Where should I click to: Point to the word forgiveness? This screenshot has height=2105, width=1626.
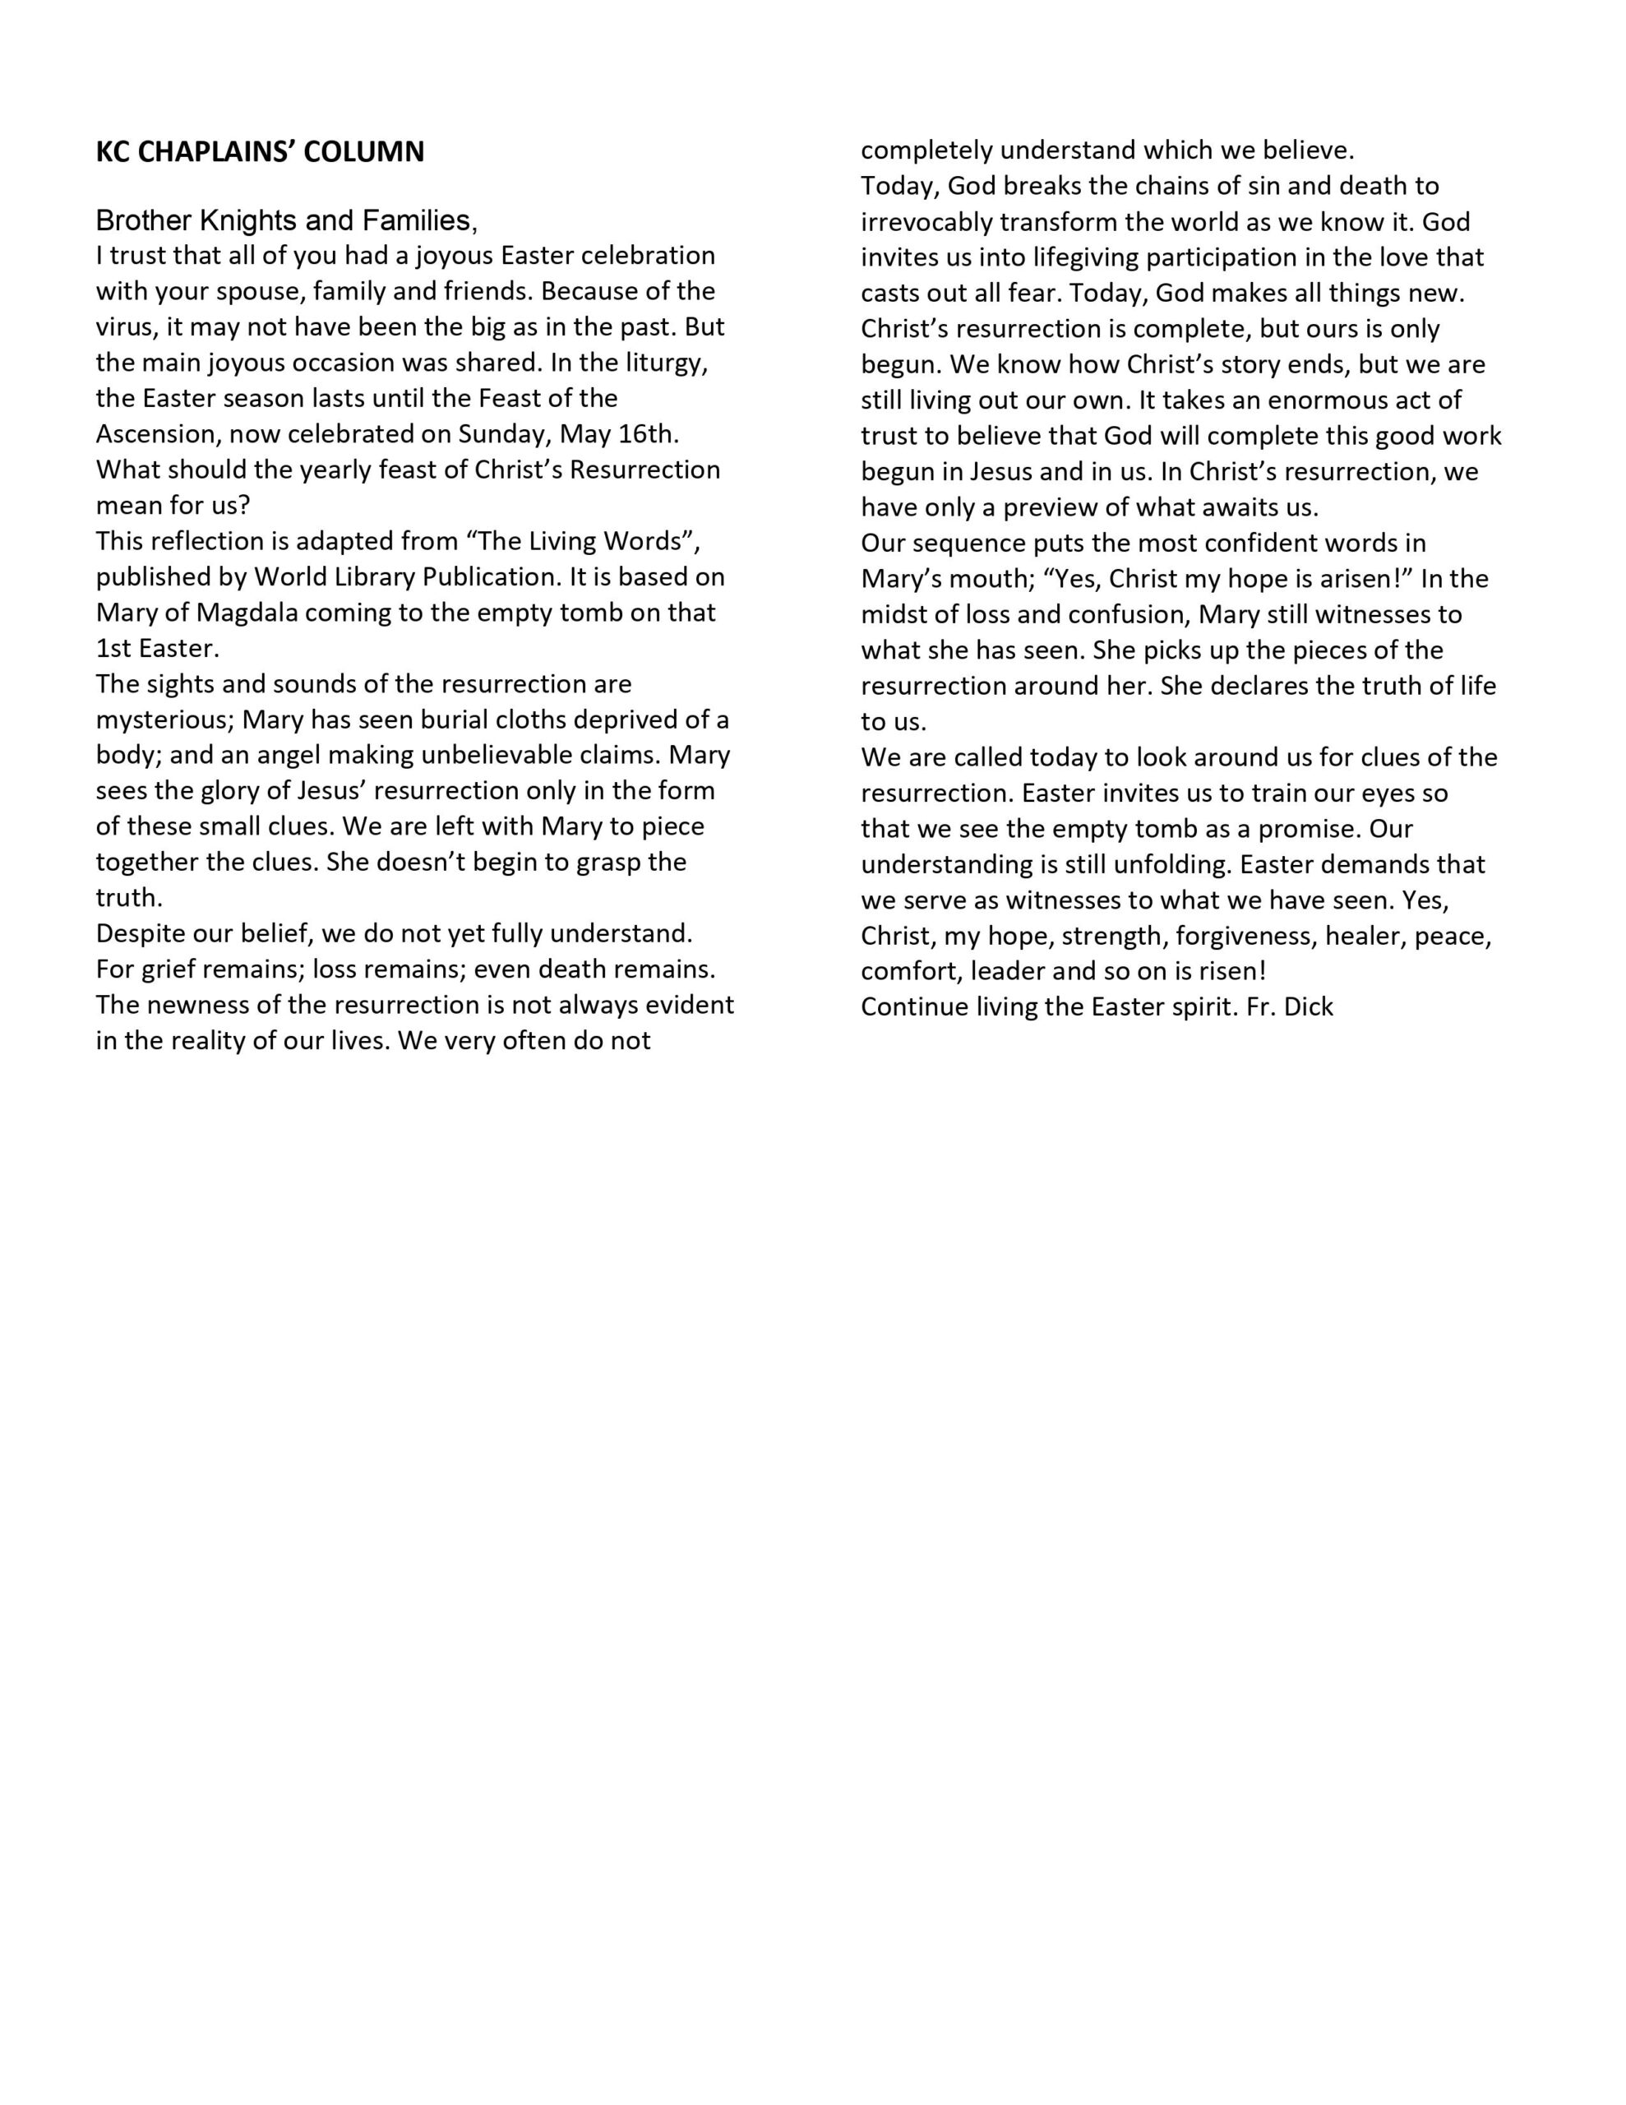(x=1245, y=936)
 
